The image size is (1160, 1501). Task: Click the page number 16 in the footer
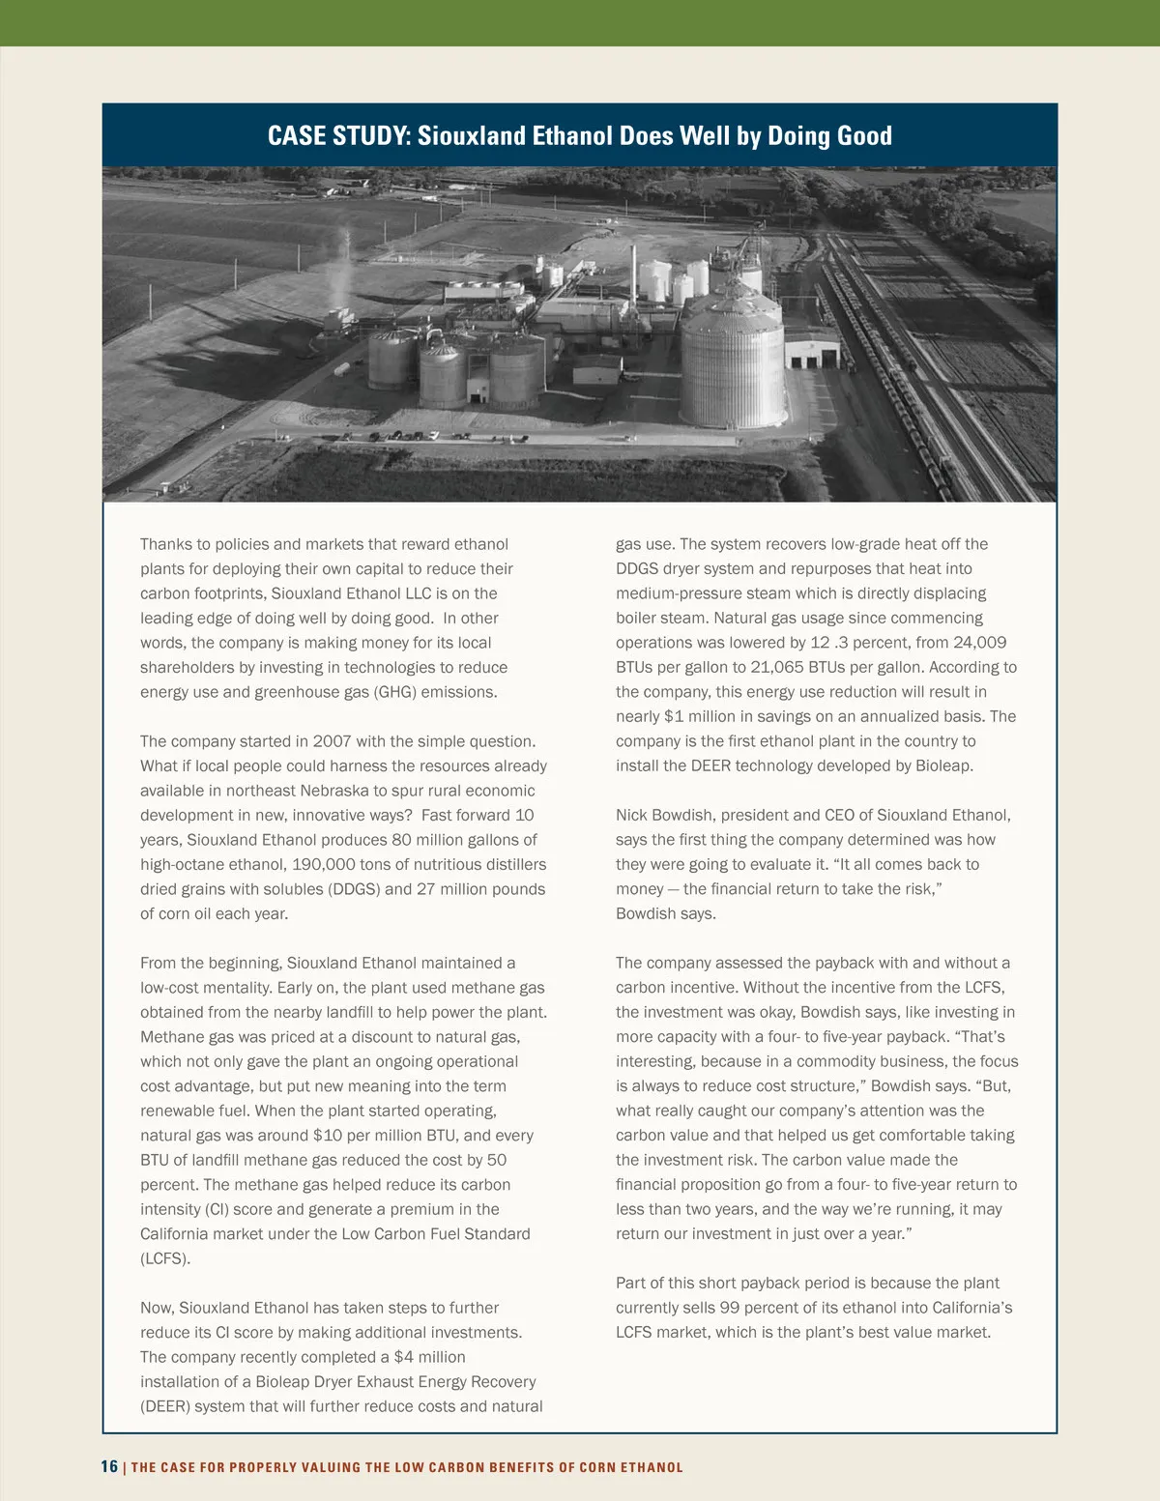pyautogui.click(x=109, y=1466)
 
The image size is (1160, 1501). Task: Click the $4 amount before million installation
pyautogui.click(x=403, y=1357)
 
